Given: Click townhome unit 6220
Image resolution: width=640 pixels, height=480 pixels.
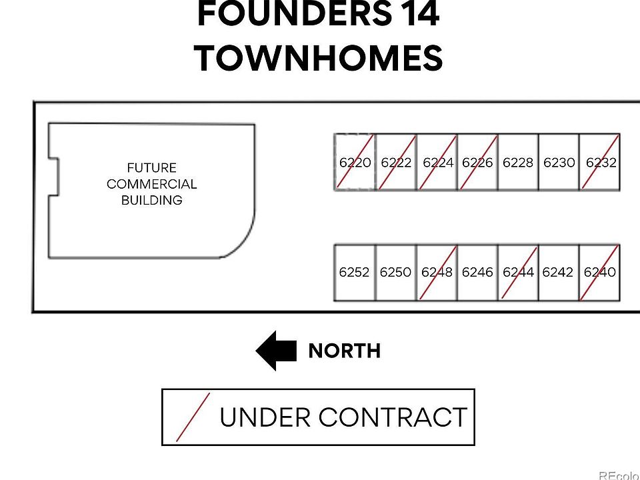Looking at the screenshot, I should [355, 163].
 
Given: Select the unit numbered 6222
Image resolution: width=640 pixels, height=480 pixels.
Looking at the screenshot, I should [396, 163].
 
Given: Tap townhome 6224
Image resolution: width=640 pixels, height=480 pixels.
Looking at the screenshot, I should [437, 163].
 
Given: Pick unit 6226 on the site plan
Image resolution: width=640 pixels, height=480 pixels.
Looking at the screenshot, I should [477, 163].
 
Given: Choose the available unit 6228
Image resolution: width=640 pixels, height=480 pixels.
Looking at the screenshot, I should [518, 163].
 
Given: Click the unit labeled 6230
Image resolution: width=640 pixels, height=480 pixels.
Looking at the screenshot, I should [559, 163].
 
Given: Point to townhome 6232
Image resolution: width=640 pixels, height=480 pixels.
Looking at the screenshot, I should [600, 163].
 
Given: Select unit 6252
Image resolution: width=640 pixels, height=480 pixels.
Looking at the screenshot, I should [354, 272].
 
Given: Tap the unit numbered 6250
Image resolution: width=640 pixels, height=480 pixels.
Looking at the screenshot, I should [395, 272].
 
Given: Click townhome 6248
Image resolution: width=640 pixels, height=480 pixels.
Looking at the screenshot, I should [437, 272].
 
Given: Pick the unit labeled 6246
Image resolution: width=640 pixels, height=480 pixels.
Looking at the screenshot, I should [477, 272].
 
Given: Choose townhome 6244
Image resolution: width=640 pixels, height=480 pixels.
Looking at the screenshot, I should [518, 272].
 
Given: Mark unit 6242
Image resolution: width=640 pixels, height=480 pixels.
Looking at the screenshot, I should [558, 272].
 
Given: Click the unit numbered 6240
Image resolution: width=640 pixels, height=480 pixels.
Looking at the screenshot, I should [599, 272].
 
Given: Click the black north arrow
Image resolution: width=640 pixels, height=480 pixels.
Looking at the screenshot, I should [276, 351].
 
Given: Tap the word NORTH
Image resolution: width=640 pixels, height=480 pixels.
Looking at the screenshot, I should [344, 351].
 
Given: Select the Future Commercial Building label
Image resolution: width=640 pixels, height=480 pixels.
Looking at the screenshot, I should [152, 184].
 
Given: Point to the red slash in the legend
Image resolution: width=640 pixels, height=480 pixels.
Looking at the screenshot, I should [193, 417].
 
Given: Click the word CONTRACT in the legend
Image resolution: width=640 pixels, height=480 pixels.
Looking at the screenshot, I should [392, 418].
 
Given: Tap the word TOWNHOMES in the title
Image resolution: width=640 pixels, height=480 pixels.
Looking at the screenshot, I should [319, 58].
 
